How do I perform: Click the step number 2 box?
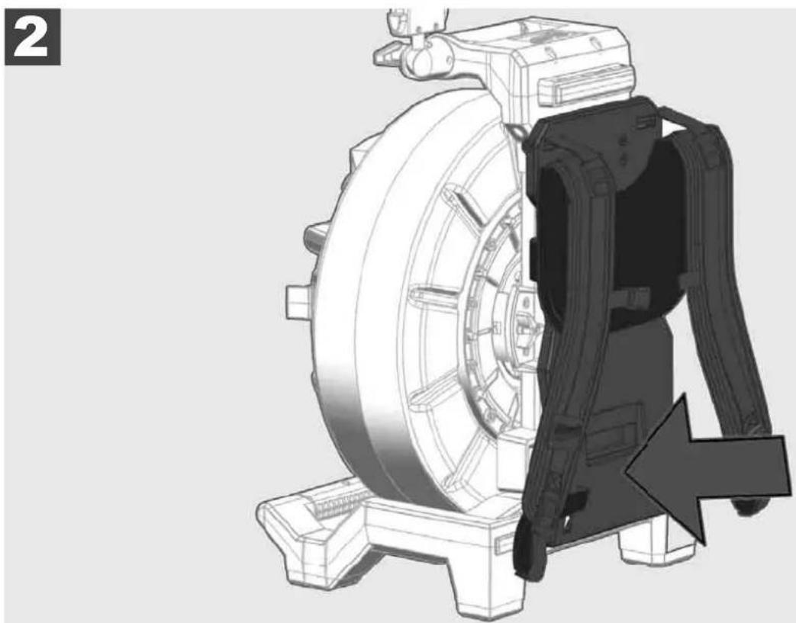pos(33,37)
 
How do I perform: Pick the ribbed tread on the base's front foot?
pos(337,503)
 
